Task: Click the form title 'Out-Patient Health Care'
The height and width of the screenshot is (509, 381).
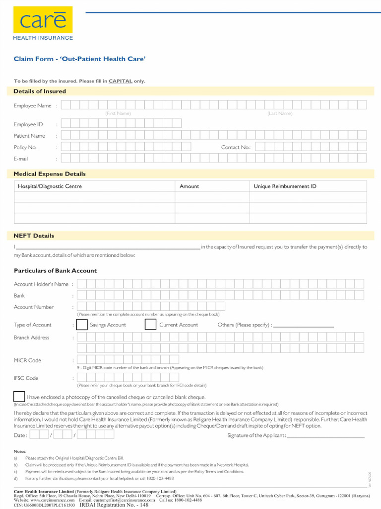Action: (x=79, y=59)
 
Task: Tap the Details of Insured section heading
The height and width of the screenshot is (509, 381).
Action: (x=40, y=91)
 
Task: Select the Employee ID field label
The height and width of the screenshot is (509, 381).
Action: (x=28, y=124)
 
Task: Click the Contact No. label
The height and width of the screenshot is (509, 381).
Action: (x=236, y=148)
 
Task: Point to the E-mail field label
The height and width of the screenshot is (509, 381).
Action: (x=21, y=159)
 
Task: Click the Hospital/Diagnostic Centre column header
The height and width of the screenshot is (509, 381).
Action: (x=50, y=186)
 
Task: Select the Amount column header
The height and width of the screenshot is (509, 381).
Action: (x=189, y=186)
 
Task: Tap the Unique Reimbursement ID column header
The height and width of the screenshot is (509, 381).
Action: (x=285, y=186)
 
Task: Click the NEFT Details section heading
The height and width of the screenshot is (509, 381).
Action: (x=34, y=236)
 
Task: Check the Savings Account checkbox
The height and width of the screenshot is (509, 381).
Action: (x=81, y=325)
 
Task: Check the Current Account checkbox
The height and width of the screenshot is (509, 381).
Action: (x=150, y=325)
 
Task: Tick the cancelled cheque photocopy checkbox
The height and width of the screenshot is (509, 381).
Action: (x=19, y=396)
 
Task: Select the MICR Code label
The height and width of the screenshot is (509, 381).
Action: (x=27, y=360)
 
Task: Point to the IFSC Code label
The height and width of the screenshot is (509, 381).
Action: (x=26, y=378)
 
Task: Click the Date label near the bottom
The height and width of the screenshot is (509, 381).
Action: (x=20, y=435)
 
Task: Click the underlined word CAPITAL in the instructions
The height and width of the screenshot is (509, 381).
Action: (x=121, y=81)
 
